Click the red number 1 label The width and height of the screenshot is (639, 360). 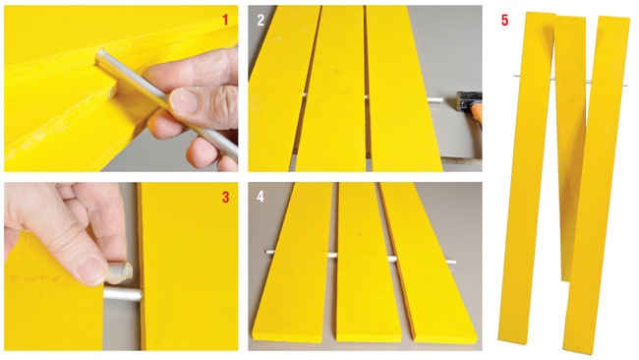225,20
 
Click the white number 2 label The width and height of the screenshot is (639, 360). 261,20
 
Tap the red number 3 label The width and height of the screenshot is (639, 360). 225,197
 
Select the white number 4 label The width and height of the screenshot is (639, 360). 261,197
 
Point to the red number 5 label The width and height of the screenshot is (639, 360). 505,21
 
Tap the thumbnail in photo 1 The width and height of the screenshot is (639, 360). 183,101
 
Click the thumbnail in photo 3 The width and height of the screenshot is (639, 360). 89,270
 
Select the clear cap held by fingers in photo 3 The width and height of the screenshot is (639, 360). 121,271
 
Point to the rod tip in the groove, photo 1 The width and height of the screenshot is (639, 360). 102,53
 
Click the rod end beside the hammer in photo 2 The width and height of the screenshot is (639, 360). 430,99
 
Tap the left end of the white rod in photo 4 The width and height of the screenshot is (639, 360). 268,252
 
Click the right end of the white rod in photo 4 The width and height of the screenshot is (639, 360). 453,263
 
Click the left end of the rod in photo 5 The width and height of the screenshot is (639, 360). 515,76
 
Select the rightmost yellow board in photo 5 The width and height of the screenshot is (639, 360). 596,184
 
